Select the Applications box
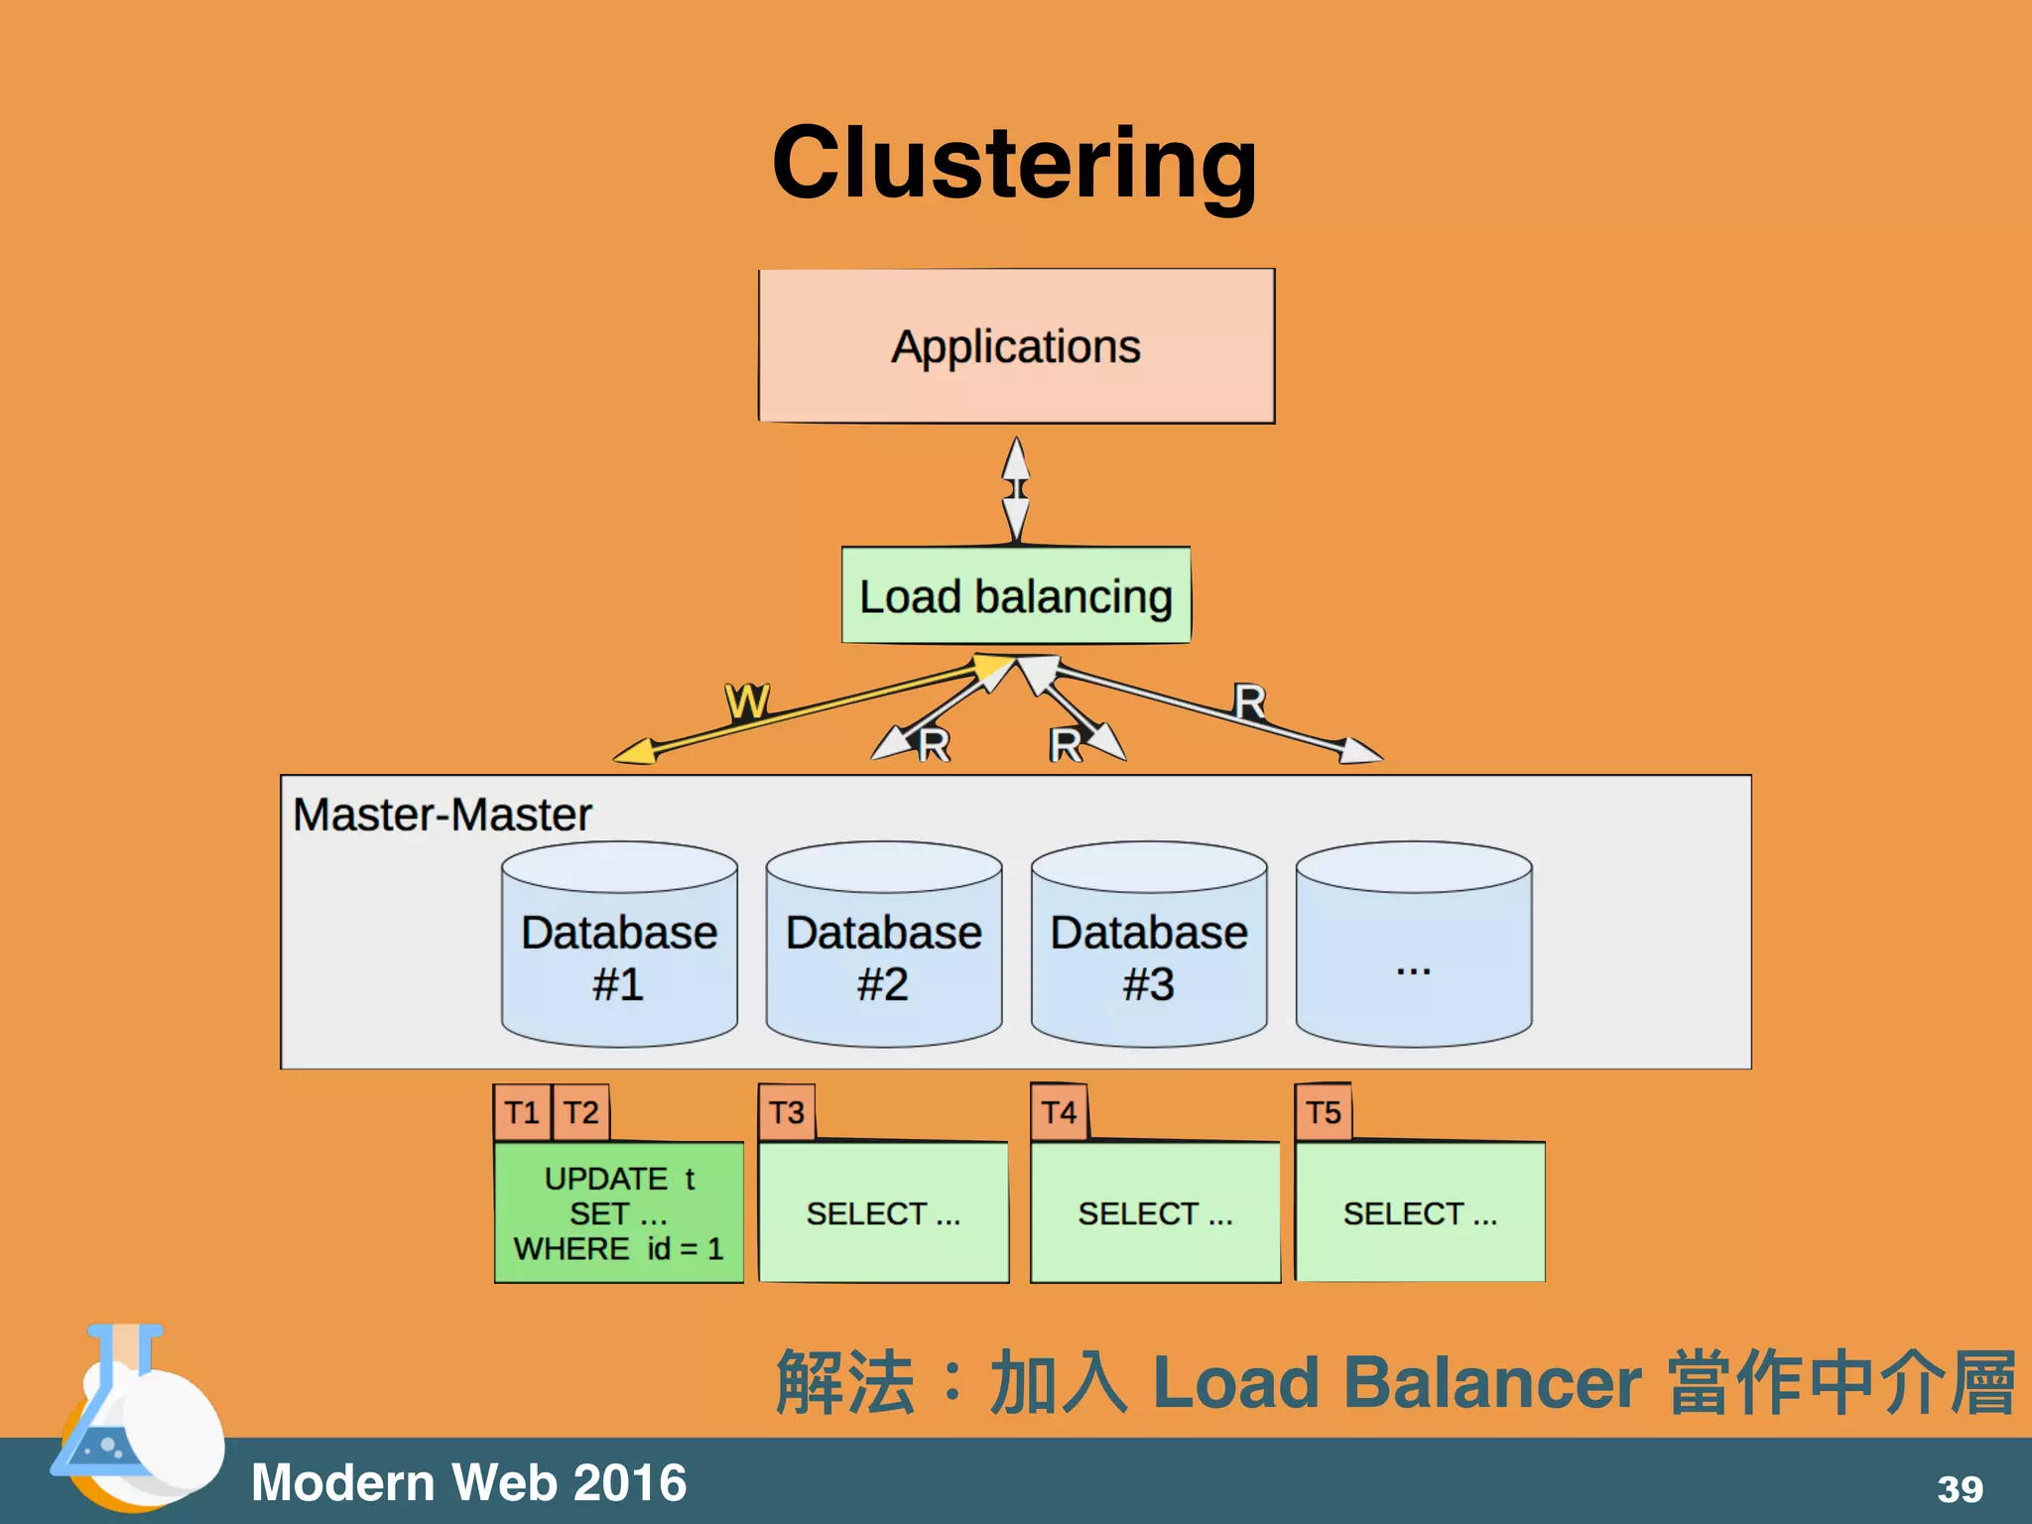1016,346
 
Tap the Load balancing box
1016,596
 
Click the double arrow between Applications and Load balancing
1016,490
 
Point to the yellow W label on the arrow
747,701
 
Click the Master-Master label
443,815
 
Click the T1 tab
522,1112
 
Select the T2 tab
581,1112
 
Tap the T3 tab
787,1112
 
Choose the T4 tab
1059,1112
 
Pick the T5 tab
1324,1112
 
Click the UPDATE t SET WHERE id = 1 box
619,1212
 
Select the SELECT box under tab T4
1155,1212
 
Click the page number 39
1960,1489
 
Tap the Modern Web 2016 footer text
468,1482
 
